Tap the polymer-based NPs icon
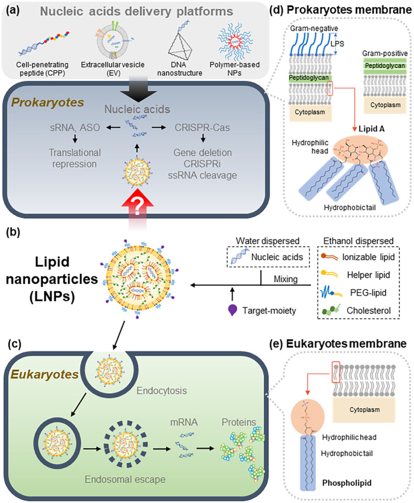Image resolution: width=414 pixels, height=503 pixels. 235,42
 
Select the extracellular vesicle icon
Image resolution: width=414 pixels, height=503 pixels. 112,40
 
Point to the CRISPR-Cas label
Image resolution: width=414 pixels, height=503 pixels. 202,127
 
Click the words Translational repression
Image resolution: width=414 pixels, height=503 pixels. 74,158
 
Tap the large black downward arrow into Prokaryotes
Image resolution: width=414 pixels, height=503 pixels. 139,89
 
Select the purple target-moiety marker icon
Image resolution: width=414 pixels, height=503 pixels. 232,310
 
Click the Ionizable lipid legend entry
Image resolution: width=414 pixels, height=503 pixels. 358,257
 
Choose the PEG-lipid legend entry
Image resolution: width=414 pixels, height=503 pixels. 354,293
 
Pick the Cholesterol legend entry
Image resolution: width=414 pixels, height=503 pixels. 356,310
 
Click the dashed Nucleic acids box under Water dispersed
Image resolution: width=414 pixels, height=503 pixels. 268,257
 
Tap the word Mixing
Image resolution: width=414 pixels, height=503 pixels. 286,279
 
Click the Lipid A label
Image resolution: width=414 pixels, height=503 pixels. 371,129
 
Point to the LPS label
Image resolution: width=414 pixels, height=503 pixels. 337,44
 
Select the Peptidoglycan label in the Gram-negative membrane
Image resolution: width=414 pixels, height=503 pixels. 309,78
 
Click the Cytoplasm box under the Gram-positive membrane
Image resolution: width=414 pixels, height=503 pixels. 385,105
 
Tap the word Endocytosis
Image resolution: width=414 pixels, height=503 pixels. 161,390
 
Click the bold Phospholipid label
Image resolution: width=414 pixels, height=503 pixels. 347,483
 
